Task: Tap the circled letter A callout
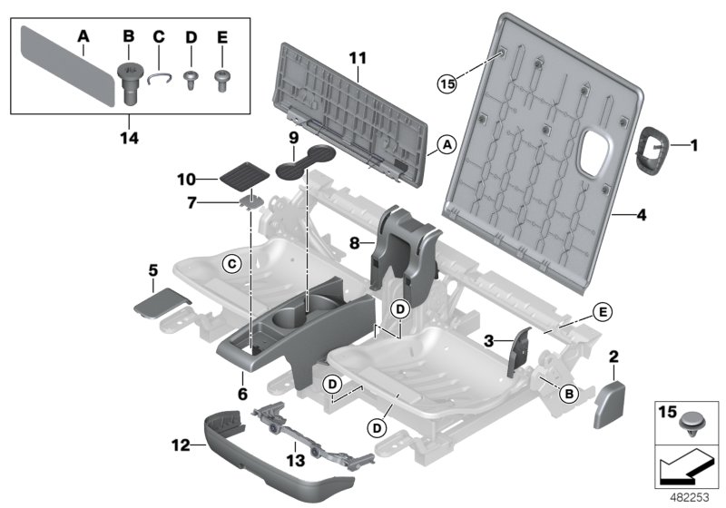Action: (445, 144)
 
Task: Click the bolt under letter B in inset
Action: (129, 82)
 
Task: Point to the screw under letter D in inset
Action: (191, 81)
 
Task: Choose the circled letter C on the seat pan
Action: (231, 263)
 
